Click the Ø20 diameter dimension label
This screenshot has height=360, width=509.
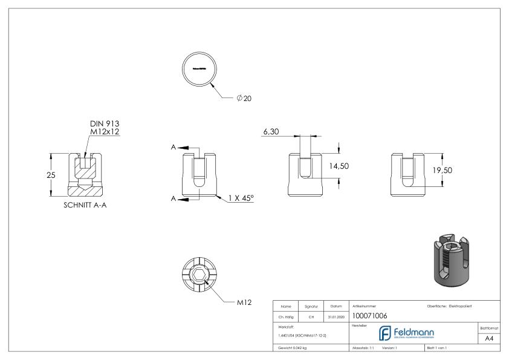243,99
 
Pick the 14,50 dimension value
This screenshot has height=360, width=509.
339,166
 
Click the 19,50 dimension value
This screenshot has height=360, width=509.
442,171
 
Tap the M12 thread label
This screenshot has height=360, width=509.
243,301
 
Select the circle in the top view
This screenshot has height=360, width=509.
199,69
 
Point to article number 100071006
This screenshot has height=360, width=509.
369,315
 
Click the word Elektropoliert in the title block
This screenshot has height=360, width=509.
462,306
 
